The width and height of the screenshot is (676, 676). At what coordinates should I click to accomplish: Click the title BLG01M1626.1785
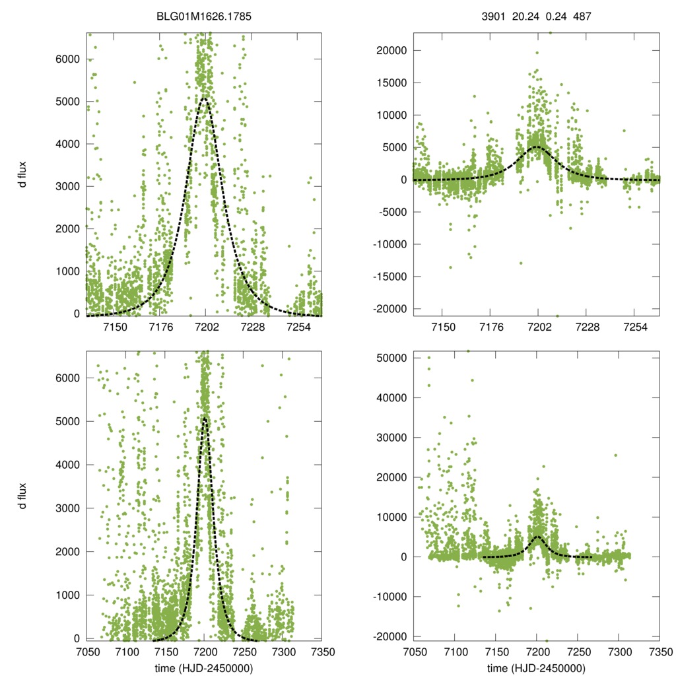click(x=204, y=19)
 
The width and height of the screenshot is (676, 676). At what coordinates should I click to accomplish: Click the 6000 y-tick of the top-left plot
click(x=66, y=59)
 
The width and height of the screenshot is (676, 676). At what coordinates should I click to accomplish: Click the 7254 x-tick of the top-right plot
click(x=634, y=327)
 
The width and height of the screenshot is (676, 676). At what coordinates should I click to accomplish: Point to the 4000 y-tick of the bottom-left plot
click(x=66, y=465)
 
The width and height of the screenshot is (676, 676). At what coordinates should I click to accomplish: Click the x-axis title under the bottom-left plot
click(x=204, y=668)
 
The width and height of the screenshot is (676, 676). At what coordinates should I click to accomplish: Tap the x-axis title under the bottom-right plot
click(x=536, y=668)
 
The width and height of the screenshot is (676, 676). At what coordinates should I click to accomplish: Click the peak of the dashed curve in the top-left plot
click(x=205, y=98)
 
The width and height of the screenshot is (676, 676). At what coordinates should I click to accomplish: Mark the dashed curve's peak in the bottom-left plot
click(x=205, y=417)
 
